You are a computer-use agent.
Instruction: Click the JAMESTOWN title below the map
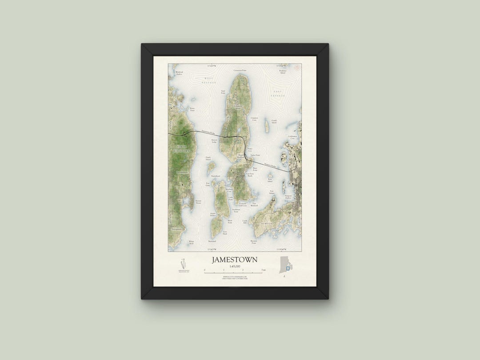point(234,259)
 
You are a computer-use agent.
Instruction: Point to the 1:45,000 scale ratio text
point(234,266)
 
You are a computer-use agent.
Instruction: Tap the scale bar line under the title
point(235,272)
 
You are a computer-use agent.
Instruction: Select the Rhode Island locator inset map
point(286,265)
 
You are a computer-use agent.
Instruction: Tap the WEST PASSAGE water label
point(208,80)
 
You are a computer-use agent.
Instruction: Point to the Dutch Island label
point(208,158)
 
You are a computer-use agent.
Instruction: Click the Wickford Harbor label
point(179,73)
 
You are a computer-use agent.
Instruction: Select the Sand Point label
point(224,92)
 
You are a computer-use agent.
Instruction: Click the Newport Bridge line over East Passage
point(271,167)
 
